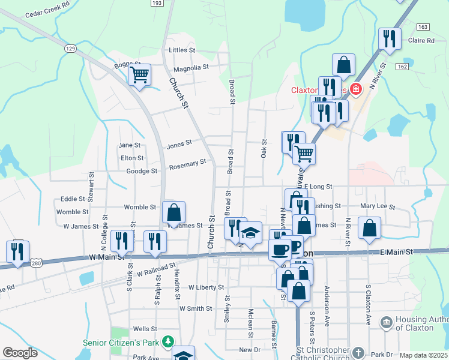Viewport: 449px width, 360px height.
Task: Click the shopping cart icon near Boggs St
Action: [139, 76]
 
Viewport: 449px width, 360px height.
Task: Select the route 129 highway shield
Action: [71, 48]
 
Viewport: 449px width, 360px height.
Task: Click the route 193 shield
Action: [157, 4]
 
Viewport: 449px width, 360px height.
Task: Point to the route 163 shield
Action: [423, 27]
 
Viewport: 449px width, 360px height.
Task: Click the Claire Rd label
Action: [420, 41]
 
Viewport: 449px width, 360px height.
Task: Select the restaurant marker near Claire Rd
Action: [390, 40]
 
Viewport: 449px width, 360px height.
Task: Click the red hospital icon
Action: [355, 90]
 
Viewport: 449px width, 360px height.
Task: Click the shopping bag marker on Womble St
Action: [173, 212]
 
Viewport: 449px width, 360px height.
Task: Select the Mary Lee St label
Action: [377, 207]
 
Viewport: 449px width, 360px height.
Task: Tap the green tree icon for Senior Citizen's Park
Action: [168, 341]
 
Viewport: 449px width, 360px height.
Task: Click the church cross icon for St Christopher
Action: [358, 352]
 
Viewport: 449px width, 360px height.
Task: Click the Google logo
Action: [20, 353]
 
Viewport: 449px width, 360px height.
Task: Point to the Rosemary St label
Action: [187, 163]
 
